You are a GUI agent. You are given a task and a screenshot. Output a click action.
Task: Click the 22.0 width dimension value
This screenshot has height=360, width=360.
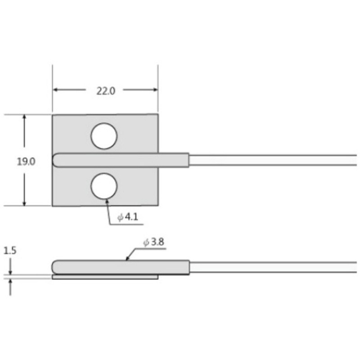point(106,90)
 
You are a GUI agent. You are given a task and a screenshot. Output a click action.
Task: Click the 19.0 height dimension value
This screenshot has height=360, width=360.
point(26,162)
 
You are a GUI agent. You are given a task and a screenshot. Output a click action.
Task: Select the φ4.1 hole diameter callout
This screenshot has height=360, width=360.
point(128,217)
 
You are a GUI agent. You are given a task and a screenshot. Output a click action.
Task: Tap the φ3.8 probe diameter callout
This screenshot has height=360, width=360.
point(154,243)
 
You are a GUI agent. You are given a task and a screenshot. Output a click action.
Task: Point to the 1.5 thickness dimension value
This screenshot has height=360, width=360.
point(9,251)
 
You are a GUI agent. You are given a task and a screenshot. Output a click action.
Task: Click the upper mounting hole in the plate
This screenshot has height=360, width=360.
point(104,135)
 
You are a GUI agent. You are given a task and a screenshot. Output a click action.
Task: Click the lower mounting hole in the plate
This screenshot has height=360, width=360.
point(104,187)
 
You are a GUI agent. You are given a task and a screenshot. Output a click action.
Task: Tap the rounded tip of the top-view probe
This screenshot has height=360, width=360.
point(56,161)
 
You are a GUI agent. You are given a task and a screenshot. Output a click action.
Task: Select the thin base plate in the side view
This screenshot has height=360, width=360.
point(105,277)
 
